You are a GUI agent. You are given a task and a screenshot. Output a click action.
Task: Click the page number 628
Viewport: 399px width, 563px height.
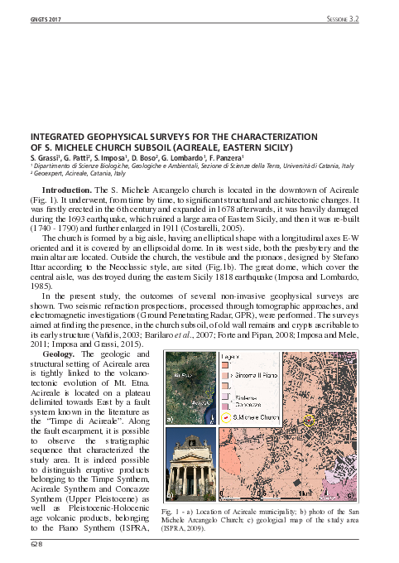pos(35,544)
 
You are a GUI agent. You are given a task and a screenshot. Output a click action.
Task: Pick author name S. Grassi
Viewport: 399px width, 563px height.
pos(44,156)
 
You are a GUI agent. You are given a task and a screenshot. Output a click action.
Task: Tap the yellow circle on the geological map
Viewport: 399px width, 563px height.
pos(308,423)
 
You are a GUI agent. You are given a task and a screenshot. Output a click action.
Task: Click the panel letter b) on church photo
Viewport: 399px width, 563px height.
pos(171,494)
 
